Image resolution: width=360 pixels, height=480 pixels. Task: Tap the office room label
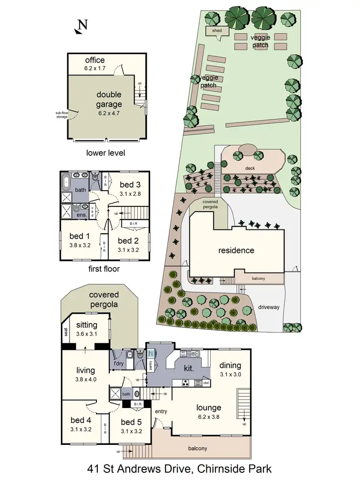tap(95, 60)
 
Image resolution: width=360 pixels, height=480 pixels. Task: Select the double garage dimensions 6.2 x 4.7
tap(109, 113)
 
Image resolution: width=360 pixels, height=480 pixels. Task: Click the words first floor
tap(103, 269)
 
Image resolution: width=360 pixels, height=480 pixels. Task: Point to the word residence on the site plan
tap(236, 250)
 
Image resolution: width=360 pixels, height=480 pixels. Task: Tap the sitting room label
tap(87, 325)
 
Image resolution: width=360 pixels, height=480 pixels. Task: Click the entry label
tap(161, 411)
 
